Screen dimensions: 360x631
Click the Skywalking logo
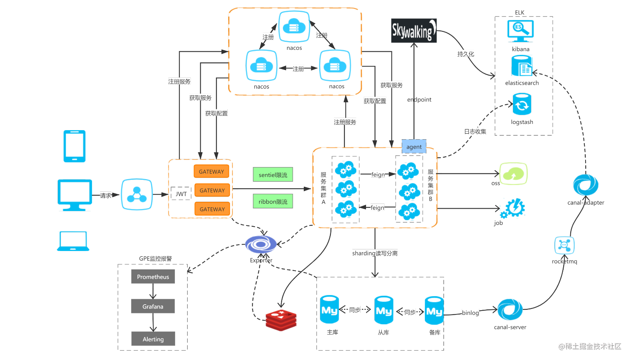click(413, 31)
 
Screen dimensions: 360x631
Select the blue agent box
click(414, 147)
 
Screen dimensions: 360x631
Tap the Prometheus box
click(153, 277)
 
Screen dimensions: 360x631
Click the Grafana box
click(153, 306)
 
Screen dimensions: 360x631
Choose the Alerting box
click(153, 339)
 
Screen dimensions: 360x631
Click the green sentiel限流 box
click(273, 175)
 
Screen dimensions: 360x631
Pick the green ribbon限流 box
click(273, 202)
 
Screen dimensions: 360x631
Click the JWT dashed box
click(181, 194)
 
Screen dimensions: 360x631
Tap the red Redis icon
click(281, 320)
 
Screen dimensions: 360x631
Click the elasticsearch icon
click(522, 66)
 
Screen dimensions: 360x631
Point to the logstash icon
click(522, 104)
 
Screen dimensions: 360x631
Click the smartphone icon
click(74, 146)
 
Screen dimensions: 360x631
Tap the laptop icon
click(73, 241)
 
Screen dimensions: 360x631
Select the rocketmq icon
click(564, 245)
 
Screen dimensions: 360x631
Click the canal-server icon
click(510, 310)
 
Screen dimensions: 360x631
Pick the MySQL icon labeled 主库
click(329, 310)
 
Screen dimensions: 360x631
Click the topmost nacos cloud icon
click(294, 27)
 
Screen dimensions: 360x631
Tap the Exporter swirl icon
click(261, 244)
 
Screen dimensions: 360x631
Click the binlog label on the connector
click(470, 313)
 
